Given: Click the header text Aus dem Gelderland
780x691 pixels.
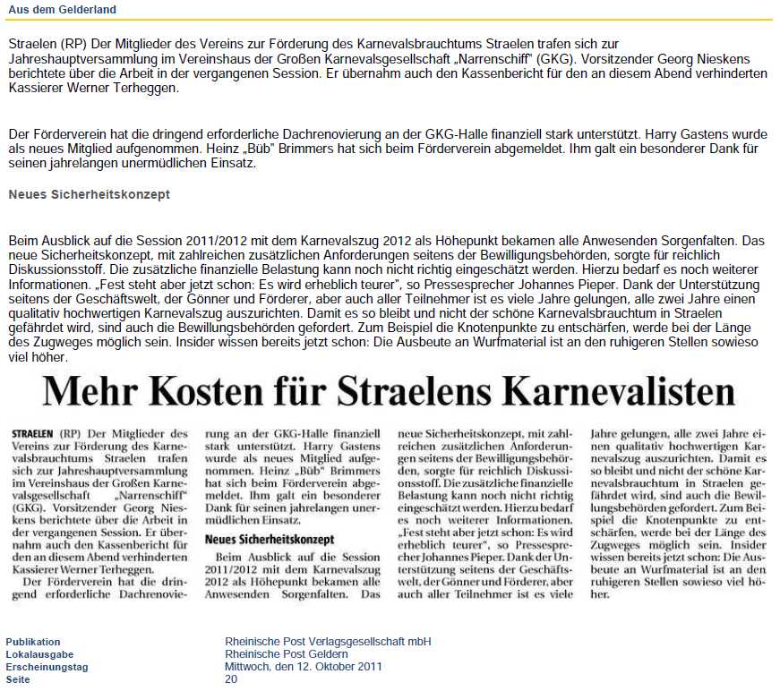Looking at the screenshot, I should (x=62, y=9).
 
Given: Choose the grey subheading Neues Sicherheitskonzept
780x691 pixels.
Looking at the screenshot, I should (x=89, y=194).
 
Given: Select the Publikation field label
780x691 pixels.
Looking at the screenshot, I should (x=33, y=642).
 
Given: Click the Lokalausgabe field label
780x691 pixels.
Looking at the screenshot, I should (x=38, y=654).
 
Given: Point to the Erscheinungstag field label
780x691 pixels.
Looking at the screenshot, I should (x=47, y=667).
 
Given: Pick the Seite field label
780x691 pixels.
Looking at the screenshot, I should (x=18, y=679).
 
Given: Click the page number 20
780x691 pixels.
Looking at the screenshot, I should (x=231, y=679).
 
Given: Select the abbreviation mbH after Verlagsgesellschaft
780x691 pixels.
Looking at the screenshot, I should (x=417, y=642).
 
